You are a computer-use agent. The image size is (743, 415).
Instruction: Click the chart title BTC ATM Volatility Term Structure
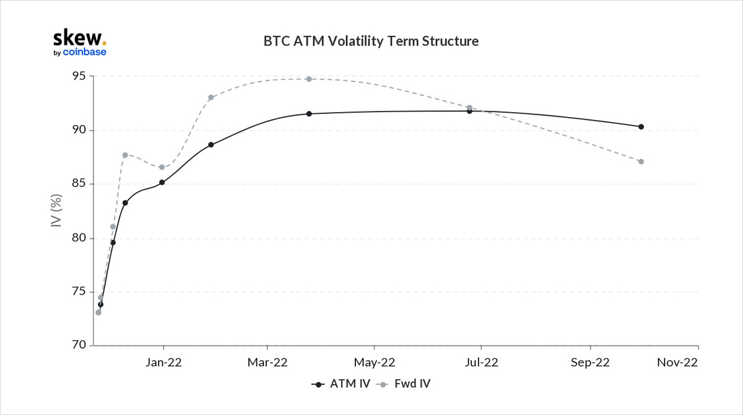point(371,41)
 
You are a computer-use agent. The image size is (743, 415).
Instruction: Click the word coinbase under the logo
point(84,52)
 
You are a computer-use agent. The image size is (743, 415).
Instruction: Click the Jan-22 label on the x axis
point(163,363)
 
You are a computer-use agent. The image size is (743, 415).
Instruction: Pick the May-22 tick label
point(374,363)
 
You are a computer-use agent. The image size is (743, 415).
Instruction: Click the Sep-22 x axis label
point(590,363)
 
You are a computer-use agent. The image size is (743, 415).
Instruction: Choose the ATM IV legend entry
point(341,384)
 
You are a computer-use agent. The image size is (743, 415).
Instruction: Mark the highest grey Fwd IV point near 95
point(308,79)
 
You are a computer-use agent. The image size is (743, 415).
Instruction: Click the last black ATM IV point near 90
point(641,127)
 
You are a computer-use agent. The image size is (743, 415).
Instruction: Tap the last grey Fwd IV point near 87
point(641,162)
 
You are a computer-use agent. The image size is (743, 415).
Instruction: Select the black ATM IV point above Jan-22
point(162,182)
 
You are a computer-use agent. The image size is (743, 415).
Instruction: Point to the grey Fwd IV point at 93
point(211,97)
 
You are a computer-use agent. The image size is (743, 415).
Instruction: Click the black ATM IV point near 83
point(125,203)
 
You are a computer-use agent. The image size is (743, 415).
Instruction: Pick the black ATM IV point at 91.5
point(308,114)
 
